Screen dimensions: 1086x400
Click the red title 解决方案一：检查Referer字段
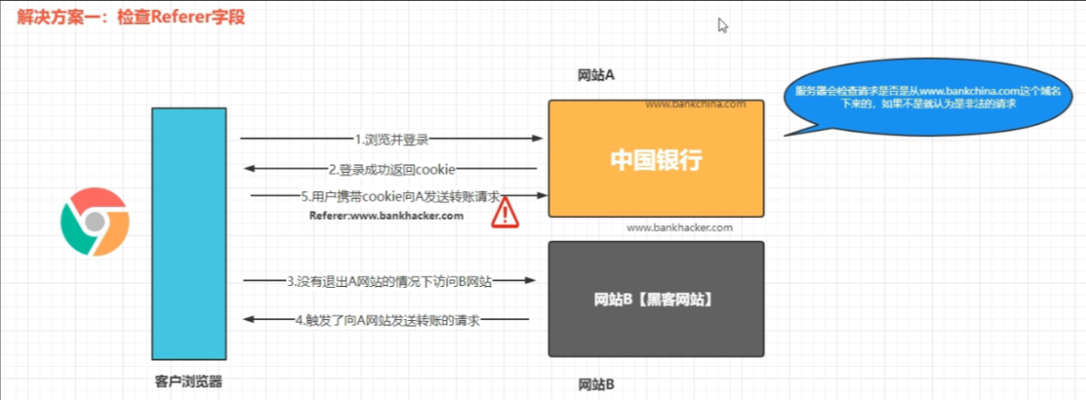tap(131, 17)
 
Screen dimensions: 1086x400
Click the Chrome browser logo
tap(95, 222)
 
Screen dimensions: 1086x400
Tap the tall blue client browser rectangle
tap(189, 234)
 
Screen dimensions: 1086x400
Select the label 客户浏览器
tap(189, 381)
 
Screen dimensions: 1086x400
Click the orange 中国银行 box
tap(656, 158)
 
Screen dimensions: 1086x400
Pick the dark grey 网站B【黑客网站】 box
tap(656, 299)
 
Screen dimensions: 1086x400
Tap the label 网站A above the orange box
tap(596, 75)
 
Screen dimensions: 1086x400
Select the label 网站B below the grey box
tap(596, 384)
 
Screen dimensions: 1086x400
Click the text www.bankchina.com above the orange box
tap(695, 105)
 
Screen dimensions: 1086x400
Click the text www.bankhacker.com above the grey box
tap(680, 227)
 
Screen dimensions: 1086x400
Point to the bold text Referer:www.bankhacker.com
tap(386, 216)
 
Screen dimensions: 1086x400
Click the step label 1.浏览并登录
tap(392, 139)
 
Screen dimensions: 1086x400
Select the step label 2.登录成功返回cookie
tap(391, 169)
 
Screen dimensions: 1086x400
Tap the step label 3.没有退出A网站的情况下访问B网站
tap(389, 281)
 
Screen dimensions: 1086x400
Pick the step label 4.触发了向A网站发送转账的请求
tap(387, 320)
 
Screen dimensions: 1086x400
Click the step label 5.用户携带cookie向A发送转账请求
tap(401, 197)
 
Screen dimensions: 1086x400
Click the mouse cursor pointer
tap(723, 26)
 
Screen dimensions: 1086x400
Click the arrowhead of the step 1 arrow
tap(537, 139)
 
